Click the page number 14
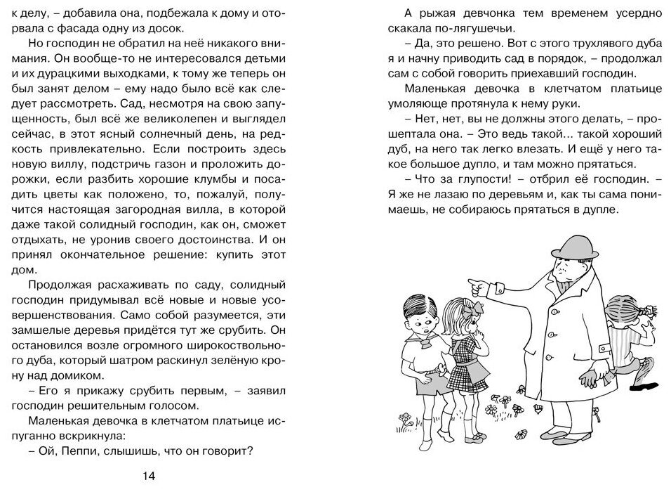[x=148, y=476]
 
